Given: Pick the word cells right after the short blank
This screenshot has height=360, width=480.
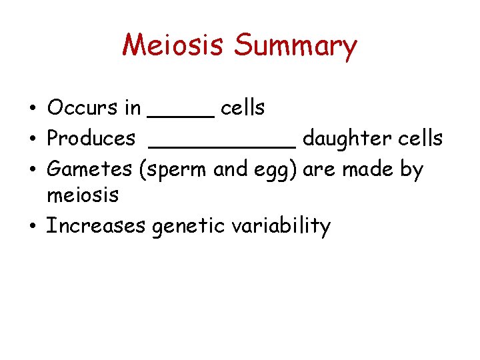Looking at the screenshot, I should click(x=243, y=107).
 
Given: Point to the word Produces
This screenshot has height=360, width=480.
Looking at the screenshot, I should click(x=91, y=139).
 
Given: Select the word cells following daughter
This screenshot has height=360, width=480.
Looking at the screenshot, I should click(x=418, y=139).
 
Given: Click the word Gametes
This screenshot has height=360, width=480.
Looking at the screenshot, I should click(x=90, y=169).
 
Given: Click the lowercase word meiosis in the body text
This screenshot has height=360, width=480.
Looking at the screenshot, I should click(x=83, y=195).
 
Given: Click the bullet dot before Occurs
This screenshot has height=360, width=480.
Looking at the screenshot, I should click(x=32, y=109).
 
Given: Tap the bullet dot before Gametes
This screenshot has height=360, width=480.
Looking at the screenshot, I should click(x=32, y=170).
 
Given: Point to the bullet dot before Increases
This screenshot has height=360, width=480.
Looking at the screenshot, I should click(x=32, y=227).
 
